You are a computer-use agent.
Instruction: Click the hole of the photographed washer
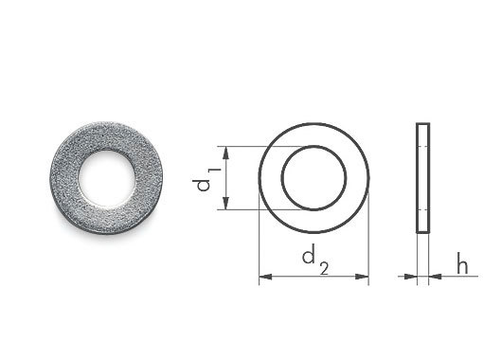tap(107, 179)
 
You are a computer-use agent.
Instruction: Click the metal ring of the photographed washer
tap(64, 179)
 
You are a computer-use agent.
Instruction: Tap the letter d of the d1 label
tap(203, 186)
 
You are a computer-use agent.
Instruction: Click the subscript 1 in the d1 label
tap(215, 171)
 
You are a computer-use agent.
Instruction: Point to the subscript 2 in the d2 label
tap(324, 268)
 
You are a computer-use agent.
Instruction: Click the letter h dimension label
tap(462, 262)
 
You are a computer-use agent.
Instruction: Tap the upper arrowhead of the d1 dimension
tap(225, 153)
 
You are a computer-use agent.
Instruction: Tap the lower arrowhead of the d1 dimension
tap(225, 203)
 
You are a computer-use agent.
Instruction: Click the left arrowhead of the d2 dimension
tap(265, 277)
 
